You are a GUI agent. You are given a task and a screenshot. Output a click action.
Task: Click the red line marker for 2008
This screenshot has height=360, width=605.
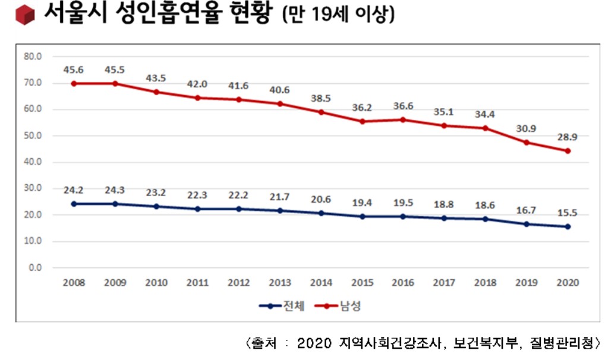tap(74, 83)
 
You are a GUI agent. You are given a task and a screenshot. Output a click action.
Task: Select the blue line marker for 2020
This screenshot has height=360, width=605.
tap(568, 226)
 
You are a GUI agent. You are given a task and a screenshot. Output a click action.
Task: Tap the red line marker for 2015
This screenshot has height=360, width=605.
tap(362, 121)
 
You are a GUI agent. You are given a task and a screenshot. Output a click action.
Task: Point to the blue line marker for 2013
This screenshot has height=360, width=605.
tap(280, 210)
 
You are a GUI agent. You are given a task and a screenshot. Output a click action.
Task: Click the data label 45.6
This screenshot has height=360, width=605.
tap(73, 70)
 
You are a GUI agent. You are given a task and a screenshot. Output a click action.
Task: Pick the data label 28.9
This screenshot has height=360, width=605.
tap(568, 137)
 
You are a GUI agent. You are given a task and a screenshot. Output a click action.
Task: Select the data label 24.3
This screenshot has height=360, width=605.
tap(115, 191)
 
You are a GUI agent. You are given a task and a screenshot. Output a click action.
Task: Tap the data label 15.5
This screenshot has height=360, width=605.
tap(568, 213)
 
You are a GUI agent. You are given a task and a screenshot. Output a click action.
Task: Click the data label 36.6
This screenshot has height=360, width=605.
tap(404, 106)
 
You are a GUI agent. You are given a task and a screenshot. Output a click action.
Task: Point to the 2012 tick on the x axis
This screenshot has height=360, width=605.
tap(238, 283)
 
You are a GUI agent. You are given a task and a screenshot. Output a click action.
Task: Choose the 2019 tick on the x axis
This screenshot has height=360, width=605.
tap(527, 283)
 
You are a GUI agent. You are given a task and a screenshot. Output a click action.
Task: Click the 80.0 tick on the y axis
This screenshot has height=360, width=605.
tap(33, 56)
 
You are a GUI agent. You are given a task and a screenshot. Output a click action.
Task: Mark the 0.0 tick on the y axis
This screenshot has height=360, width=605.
tap(36, 267)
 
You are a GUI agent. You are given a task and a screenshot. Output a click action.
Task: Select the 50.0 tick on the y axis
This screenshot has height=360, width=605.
tap(33, 135)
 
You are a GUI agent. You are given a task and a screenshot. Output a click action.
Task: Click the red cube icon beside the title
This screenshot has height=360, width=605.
tap(25, 15)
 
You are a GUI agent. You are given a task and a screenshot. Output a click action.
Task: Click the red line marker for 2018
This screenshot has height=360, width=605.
tap(486, 128)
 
